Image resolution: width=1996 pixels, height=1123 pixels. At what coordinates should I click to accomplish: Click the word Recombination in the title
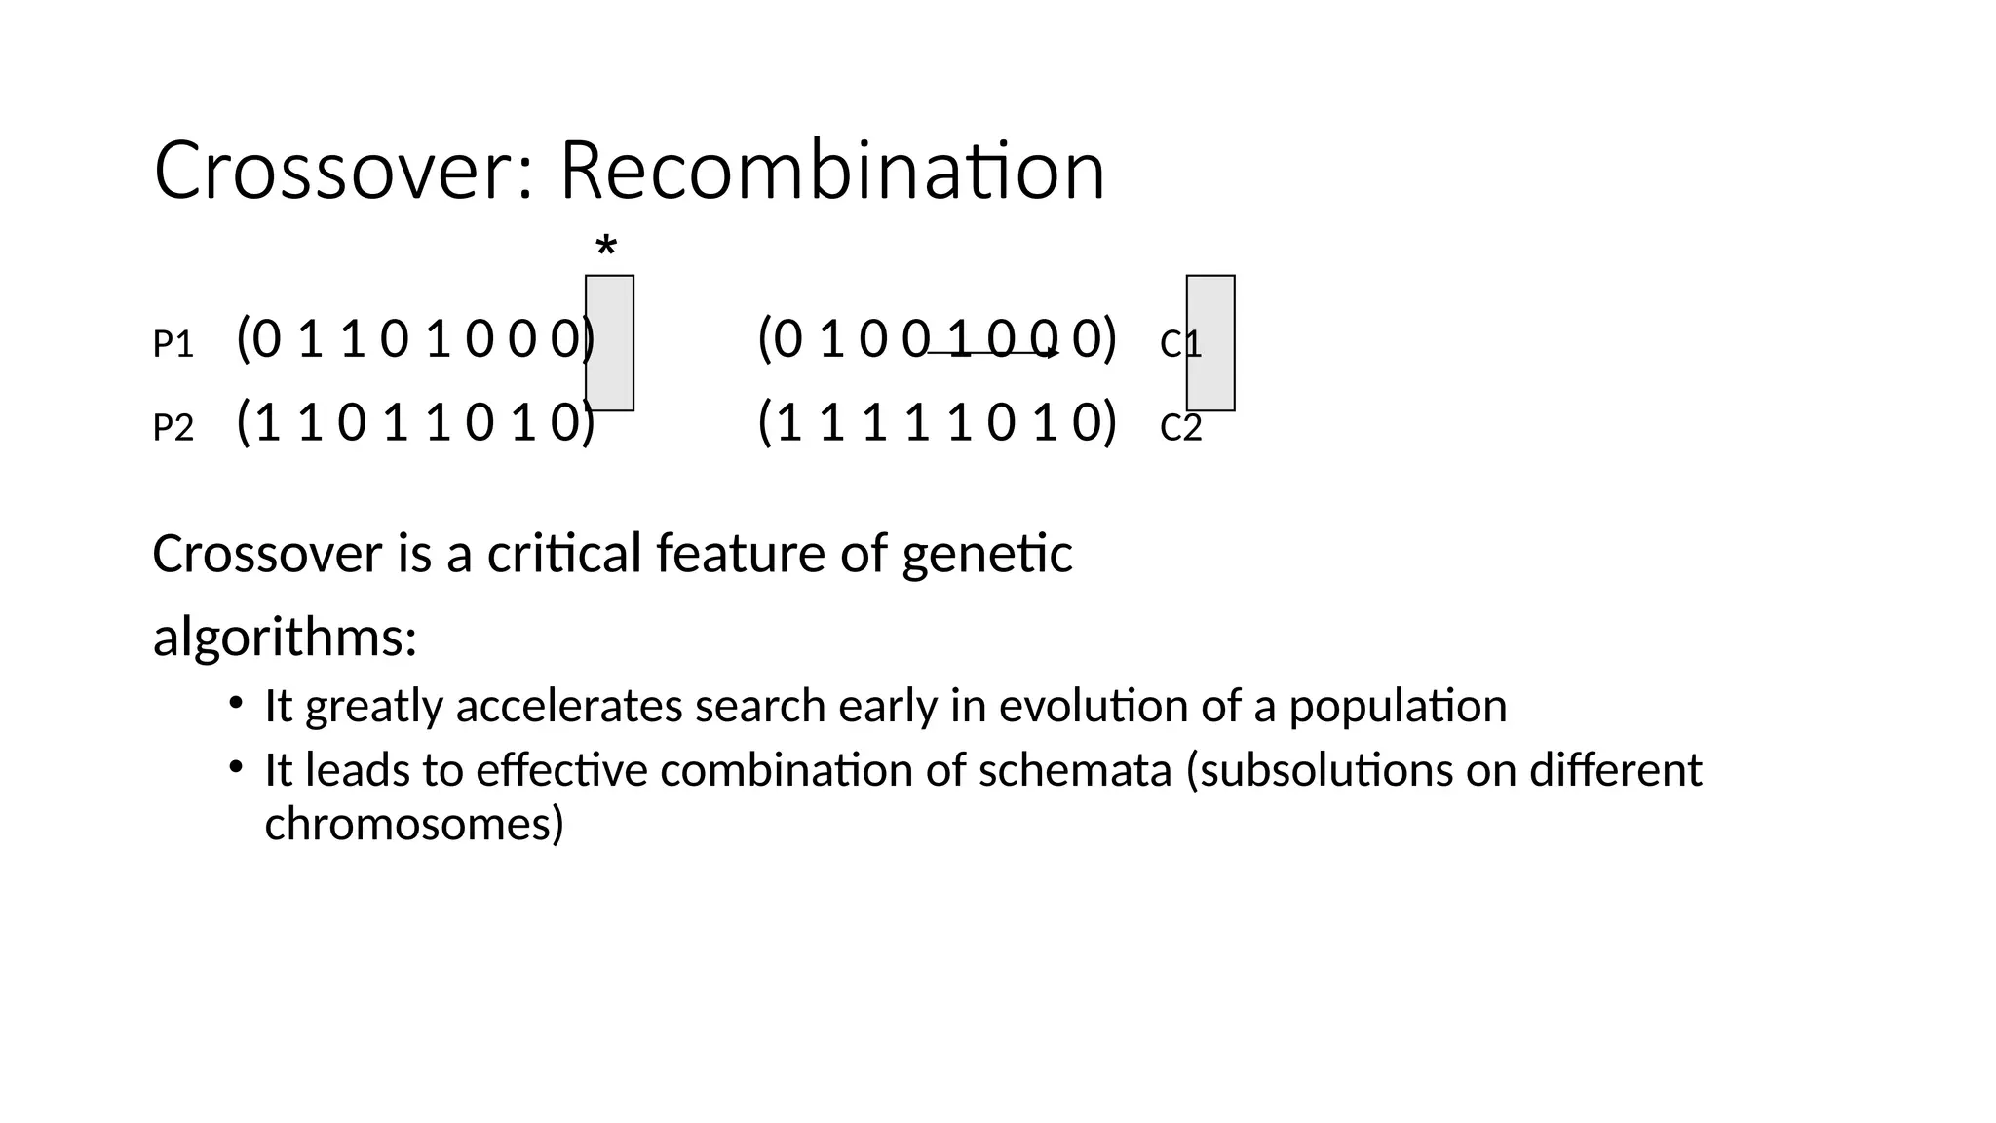(832, 172)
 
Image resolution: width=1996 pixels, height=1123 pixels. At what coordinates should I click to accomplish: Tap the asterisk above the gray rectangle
(606, 248)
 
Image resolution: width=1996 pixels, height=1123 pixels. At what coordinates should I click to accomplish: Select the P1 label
(173, 344)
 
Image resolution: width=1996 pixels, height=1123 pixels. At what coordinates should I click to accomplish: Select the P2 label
(173, 428)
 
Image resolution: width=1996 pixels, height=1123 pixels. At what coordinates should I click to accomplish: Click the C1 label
(1180, 344)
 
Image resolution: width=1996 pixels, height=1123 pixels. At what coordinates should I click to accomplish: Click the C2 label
(1180, 428)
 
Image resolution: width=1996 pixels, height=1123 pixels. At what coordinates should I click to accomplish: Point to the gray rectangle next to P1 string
(610, 343)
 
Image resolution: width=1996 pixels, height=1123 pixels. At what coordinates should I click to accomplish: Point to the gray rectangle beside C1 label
(1210, 343)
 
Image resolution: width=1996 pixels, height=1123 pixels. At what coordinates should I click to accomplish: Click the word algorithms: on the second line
(285, 638)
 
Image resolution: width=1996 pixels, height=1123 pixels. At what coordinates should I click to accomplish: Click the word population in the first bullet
(1398, 706)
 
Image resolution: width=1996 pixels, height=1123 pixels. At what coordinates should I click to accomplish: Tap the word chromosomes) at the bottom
(414, 824)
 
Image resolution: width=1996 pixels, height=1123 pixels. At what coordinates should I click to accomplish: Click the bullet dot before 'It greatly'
(235, 703)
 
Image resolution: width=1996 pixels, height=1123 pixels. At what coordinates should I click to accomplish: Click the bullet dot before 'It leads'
(235, 767)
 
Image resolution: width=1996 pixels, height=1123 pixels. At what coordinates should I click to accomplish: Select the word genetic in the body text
(986, 554)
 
